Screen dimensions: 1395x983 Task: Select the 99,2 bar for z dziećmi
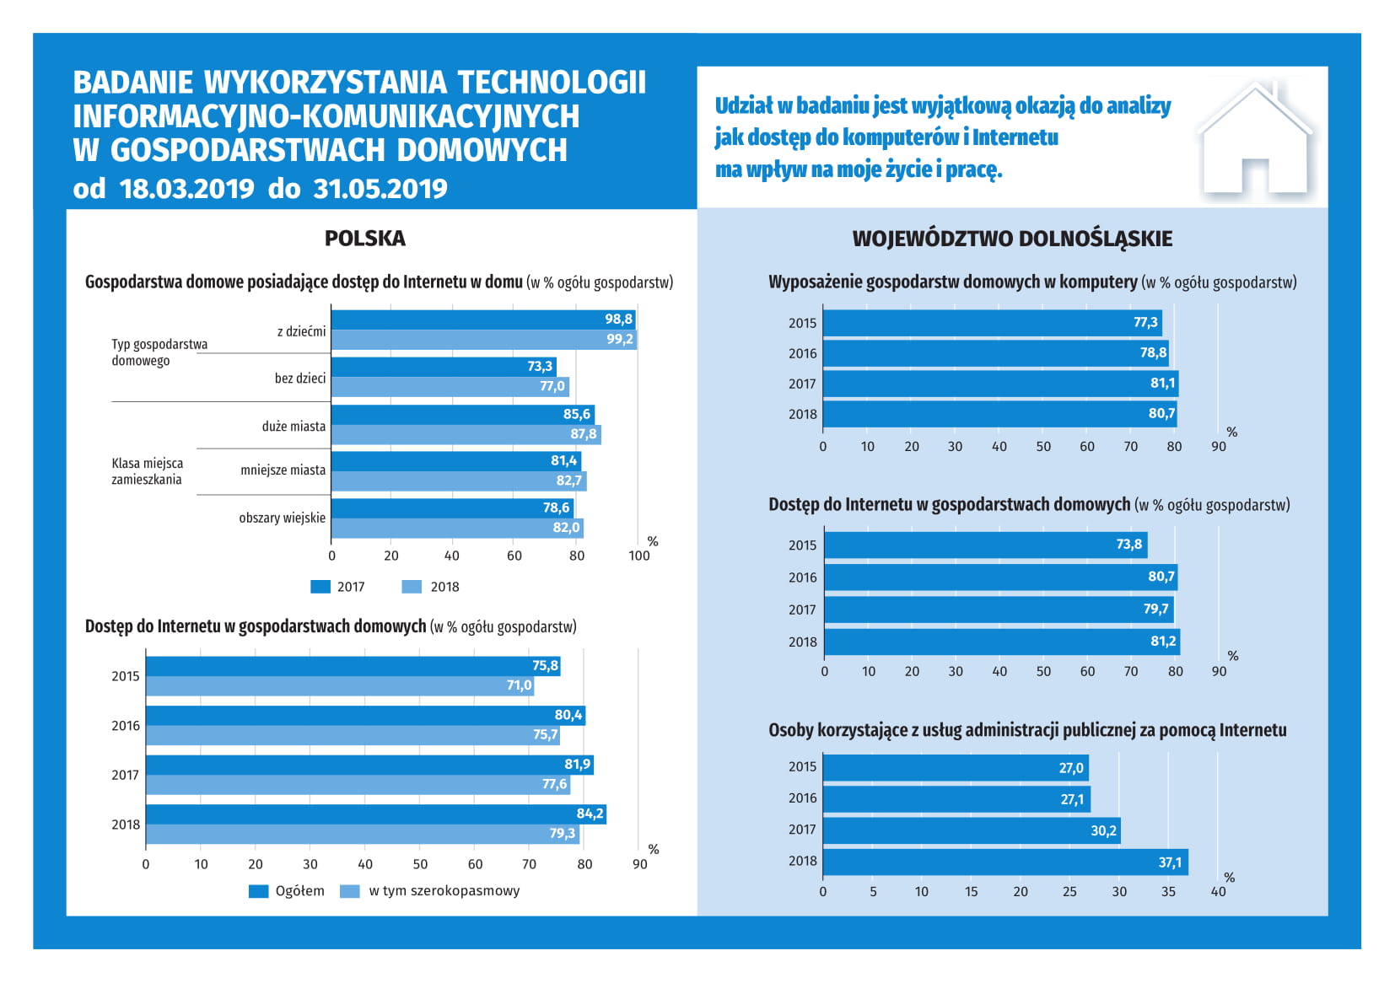coord(484,339)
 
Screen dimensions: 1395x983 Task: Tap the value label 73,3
coord(539,366)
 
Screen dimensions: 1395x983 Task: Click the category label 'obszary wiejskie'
coord(282,518)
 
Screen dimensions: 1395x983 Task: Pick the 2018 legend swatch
coord(412,587)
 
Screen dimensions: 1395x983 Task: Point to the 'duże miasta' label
coord(294,427)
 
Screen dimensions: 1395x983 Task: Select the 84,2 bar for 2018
coord(376,814)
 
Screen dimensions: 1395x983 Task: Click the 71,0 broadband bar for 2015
coord(340,685)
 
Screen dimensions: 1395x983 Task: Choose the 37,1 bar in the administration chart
coord(1006,862)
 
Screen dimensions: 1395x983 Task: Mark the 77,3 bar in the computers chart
coord(993,323)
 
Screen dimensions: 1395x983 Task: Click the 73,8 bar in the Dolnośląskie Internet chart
coord(986,545)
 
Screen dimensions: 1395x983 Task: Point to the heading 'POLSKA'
coord(365,239)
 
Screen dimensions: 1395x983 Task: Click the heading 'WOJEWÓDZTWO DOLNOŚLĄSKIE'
coord(1012,239)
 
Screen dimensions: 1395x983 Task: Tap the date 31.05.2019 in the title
coord(380,189)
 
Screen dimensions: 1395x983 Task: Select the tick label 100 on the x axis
coord(639,556)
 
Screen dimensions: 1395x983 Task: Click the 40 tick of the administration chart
coord(1218,891)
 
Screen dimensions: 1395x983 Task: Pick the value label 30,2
coord(1103,830)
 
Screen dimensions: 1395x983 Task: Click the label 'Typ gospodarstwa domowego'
coord(159,352)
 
